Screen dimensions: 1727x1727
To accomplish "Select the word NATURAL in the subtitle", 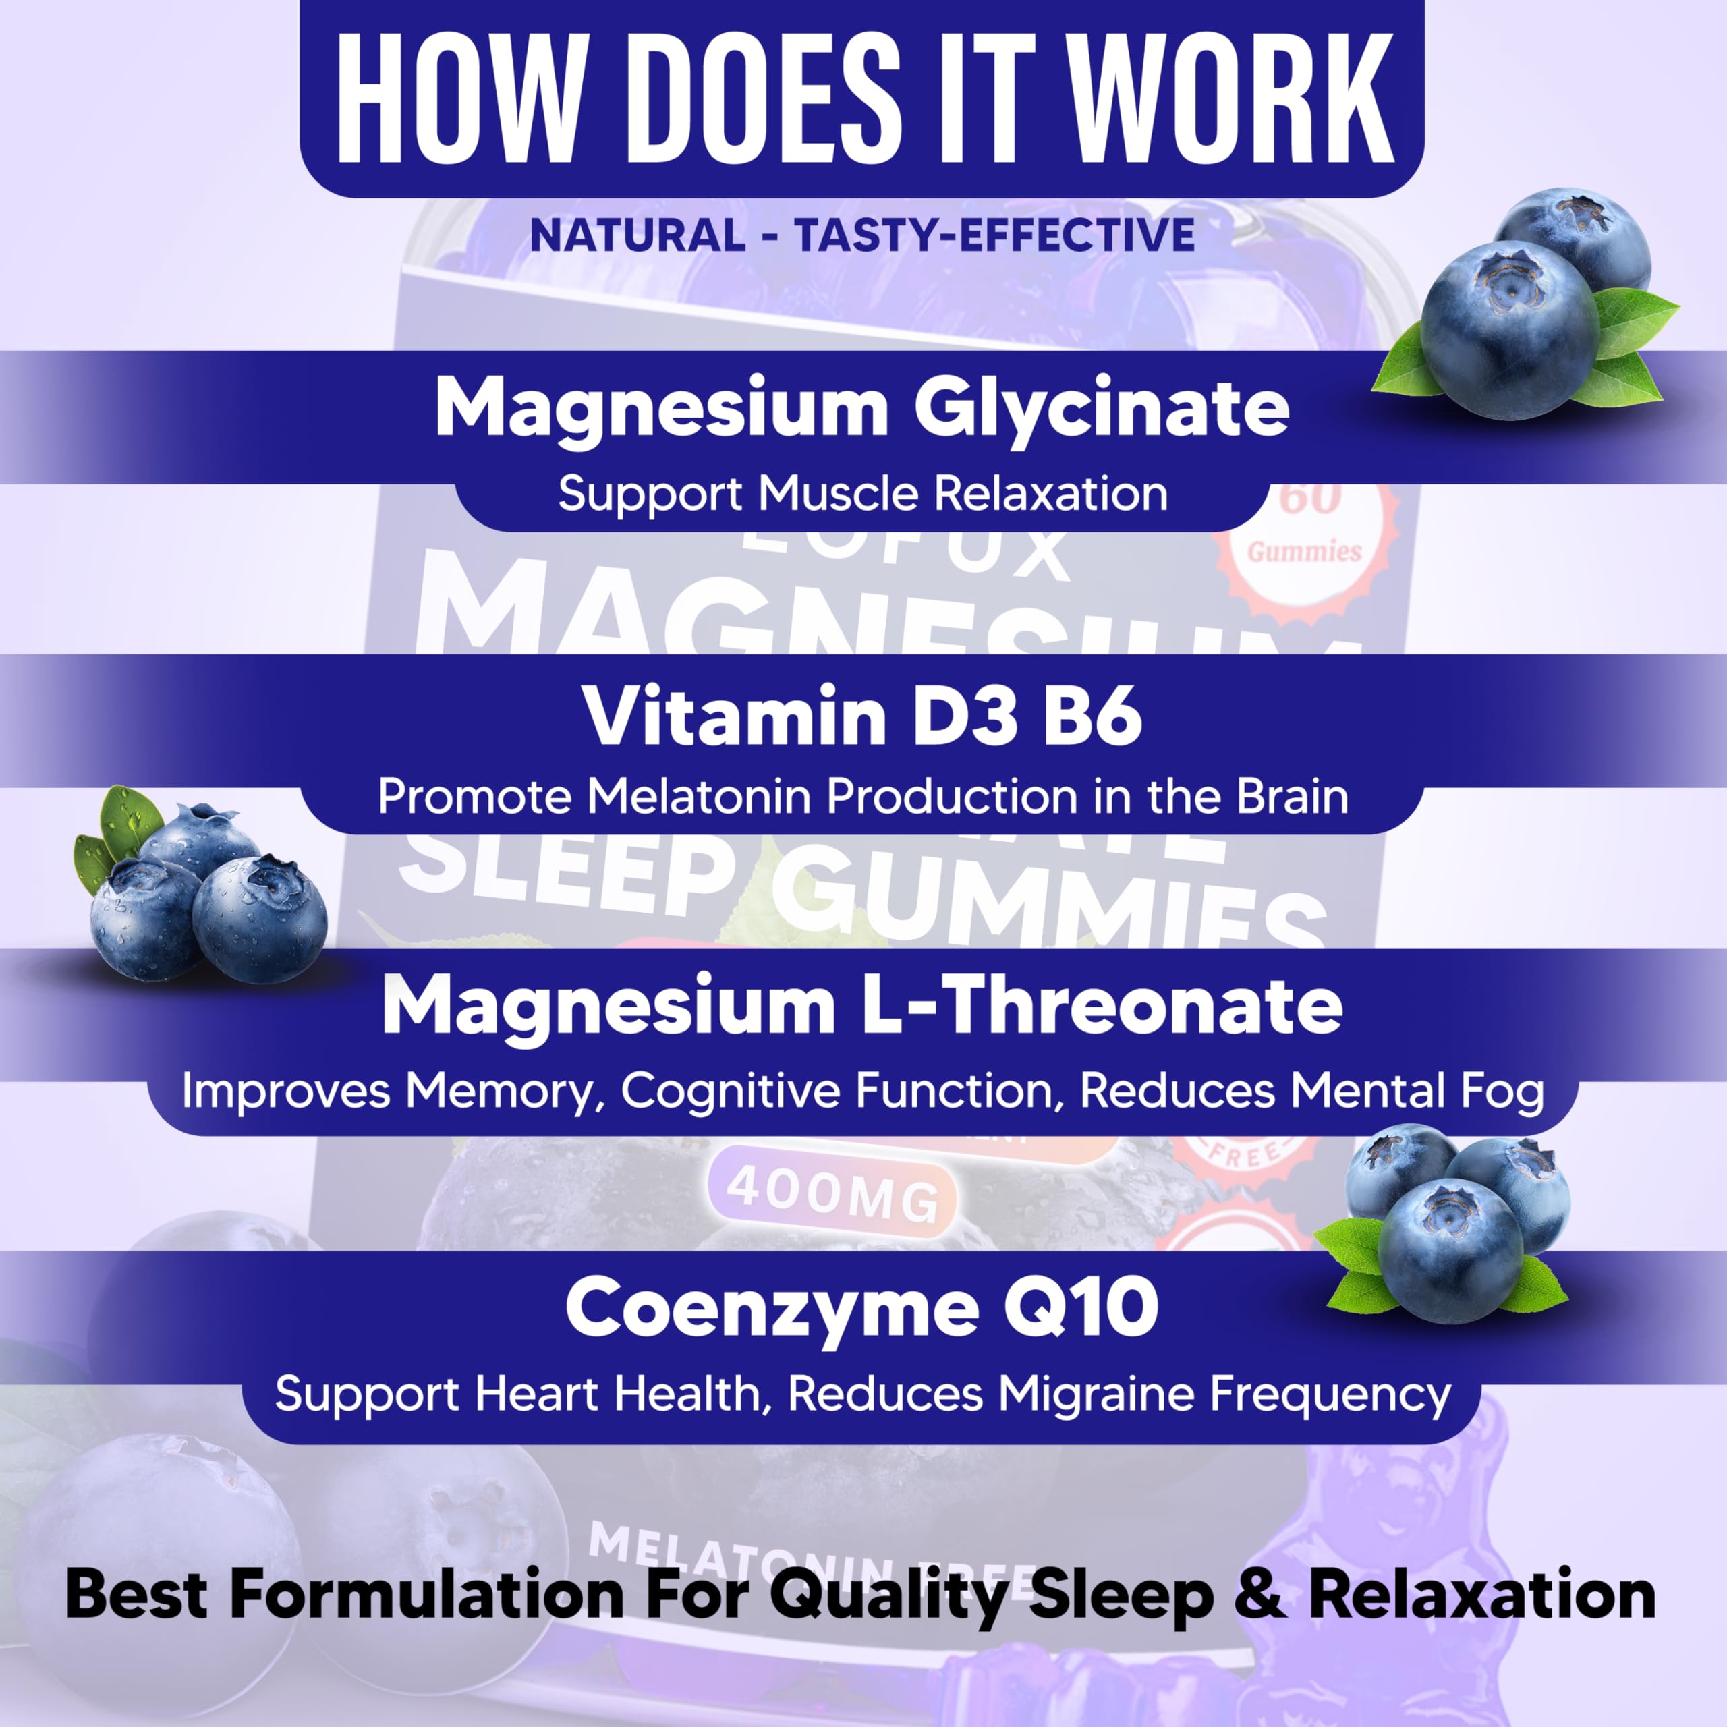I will coord(638,235).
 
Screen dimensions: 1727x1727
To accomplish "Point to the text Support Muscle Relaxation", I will coord(863,493).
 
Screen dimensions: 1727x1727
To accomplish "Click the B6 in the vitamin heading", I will coord(1092,717).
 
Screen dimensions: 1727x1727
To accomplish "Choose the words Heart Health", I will coord(616,1394).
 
